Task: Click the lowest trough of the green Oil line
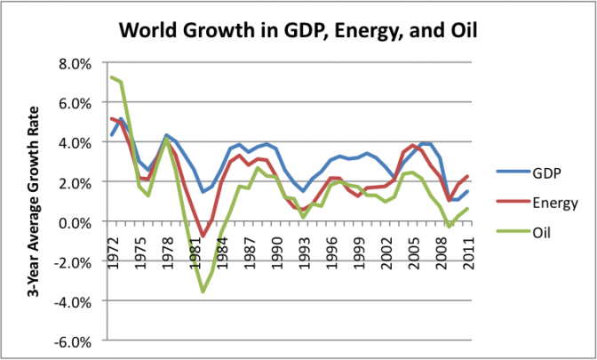pyautogui.click(x=203, y=292)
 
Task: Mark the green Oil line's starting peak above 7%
pyautogui.click(x=111, y=77)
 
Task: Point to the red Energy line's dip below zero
pyautogui.click(x=203, y=236)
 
